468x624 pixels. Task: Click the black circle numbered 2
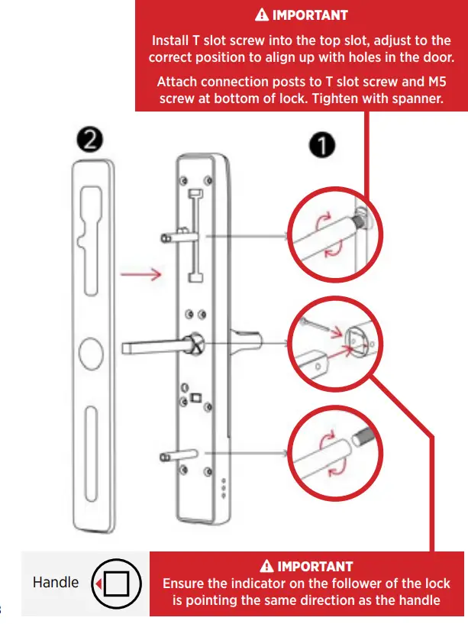[x=91, y=140]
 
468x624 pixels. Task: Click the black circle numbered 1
[x=324, y=146]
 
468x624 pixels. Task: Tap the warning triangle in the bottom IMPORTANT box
[x=266, y=566]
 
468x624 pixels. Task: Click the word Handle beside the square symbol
[x=56, y=582]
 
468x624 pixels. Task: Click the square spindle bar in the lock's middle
[x=153, y=348]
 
